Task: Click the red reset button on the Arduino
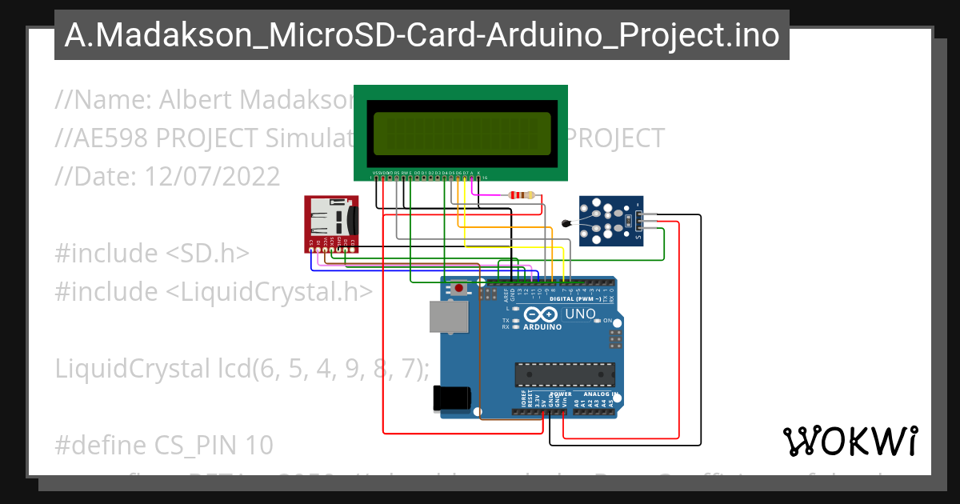coord(459,288)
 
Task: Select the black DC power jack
coord(448,398)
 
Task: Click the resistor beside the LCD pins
coord(522,195)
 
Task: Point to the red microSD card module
coord(331,223)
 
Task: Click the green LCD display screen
coord(461,133)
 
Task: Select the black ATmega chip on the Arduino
coord(565,374)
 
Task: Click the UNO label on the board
coord(580,314)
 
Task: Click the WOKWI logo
coord(850,441)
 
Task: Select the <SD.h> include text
coord(208,253)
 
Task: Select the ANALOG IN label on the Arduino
coord(598,394)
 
